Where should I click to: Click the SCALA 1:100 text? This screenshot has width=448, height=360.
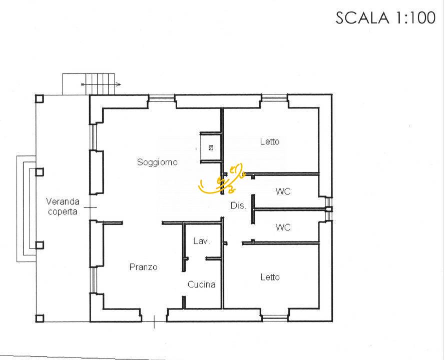pyautogui.click(x=385, y=18)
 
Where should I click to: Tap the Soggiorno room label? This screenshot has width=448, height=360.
pyautogui.click(x=157, y=162)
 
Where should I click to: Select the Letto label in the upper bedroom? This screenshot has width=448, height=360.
pyautogui.click(x=270, y=142)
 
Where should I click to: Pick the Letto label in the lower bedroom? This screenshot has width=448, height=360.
pyautogui.click(x=270, y=277)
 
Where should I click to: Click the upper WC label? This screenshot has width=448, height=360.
pyautogui.click(x=283, y=191)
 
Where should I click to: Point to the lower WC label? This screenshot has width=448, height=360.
pyautogui.click(x=283, y=228)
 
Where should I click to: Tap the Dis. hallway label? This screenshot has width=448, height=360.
pyautogui.click(x=238, y=206)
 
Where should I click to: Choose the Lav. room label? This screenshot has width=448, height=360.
pyautogui.click(x=202, y=241)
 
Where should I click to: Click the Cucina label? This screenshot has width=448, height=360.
pyautogui.click(x=202, y=285)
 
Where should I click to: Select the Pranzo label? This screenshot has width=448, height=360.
pyautogui.click(x=143, y=267)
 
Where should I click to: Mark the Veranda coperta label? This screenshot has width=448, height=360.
pyautogui.click(x=63, y=206)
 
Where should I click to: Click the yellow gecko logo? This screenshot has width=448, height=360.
pyautogui.click(x=222, y=179)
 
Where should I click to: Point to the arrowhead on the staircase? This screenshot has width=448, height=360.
pyautogui.click(x=118, y=85)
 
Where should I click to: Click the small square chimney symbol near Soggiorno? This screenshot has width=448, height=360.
pyautogui.click(x=211, y=147)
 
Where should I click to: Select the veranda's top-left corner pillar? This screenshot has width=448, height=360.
pyautogui.click(x=39, y=98)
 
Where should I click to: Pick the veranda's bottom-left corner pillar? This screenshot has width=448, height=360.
pyautogui.click(x=39, y=318)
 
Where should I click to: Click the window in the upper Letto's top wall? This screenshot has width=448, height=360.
pyautogui.click(x=274, y=97)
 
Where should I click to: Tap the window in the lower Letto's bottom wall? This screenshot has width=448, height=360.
pyautogui.click(x=274, y=316)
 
